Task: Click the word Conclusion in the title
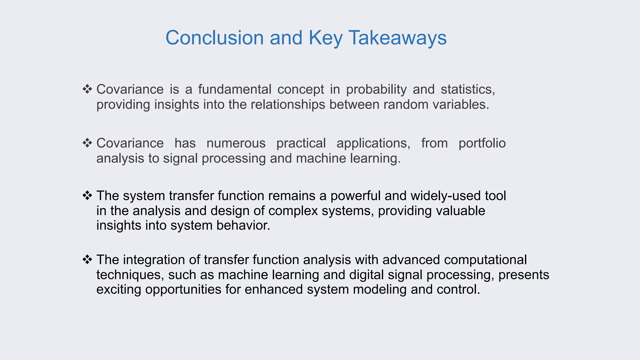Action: pyautogui.click(x=214, y=38)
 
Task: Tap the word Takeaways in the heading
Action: pyautogui.click(x=397, y=38)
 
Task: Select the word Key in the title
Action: pyautogui.click(x=325, y=38)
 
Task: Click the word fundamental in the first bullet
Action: pyautogui.click(x=234, y=89)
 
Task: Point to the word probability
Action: pyautogui.click(x=376, y=89)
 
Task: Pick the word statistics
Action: pyautogui.click(x=467, y=89)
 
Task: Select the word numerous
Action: pyautogui.click(x=236, y=143)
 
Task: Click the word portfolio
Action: pyautogui.click(x=482, y=143)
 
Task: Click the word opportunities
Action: pyautogui.click(x=183, y=289)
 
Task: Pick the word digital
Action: pyautogui.click(x=366, y=275)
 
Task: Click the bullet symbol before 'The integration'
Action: pyautogui.click(x=87, y=259)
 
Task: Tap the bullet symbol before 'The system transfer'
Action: pyautogui.click(x=87, y=195)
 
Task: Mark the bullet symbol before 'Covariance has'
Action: pyautogui.click(x=87, y=143)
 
